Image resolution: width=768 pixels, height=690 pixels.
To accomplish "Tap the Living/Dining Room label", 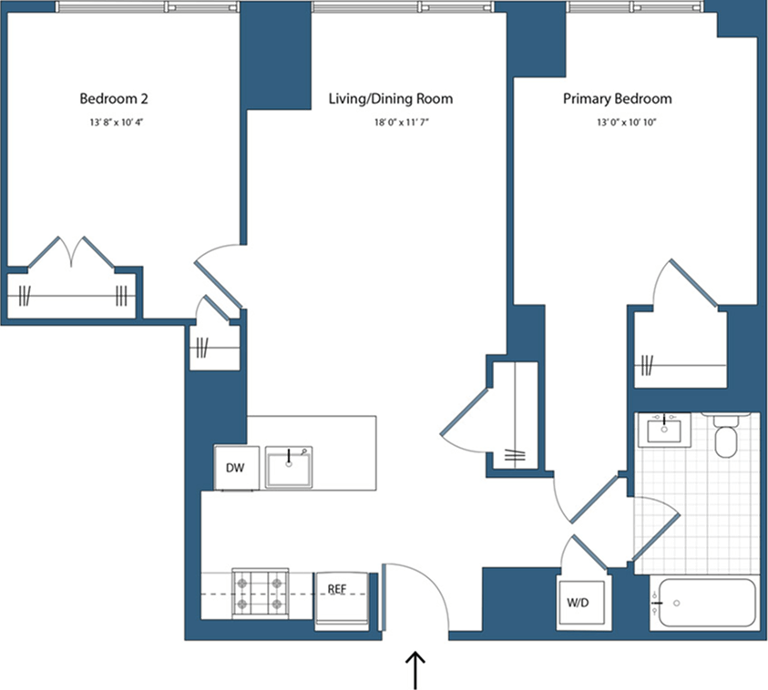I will (390, 98).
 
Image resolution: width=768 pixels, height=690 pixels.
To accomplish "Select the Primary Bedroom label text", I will (617, 98).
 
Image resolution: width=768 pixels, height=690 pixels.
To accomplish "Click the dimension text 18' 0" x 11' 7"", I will (390, 121).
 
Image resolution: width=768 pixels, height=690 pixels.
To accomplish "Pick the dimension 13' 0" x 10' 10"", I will (617, 121).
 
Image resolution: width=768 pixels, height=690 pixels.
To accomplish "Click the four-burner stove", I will (259, 592).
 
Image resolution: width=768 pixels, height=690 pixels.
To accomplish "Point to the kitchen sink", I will (290, 468).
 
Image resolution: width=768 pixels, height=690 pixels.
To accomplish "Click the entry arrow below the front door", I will (415, 671).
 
